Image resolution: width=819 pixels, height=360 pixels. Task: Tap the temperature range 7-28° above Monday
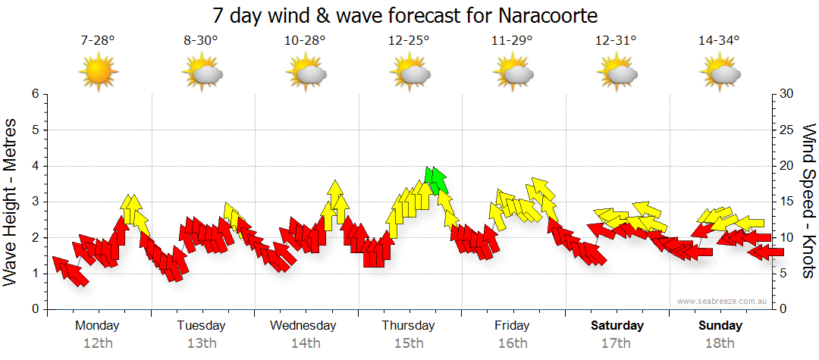click(x=98, y=41)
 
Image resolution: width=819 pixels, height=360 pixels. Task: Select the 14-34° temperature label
click(x=719, y=41)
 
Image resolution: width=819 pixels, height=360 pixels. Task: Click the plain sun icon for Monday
click(x=99, y=72)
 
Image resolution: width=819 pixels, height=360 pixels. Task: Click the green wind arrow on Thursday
click(x=436, y=180)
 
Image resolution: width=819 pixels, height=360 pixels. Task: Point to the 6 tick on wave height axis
click(x=35, y=94)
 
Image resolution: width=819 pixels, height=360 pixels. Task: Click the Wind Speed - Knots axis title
click(x=808, y=201)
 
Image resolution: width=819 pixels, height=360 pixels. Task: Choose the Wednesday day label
click(x=303, y=326)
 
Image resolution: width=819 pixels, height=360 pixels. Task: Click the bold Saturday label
click(x=617, y=326)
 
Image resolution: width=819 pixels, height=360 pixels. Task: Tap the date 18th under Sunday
click(x=720, y=343)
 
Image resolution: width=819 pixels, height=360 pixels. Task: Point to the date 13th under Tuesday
click(x=201, y=343)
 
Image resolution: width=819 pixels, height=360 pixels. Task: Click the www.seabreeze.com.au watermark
click(x=723, y=302)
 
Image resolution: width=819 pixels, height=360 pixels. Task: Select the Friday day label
click(x=512, y=326)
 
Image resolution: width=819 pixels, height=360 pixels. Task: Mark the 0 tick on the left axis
click(x=35, y=309)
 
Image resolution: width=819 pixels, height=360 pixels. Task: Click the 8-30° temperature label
click(x=201, y=41)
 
